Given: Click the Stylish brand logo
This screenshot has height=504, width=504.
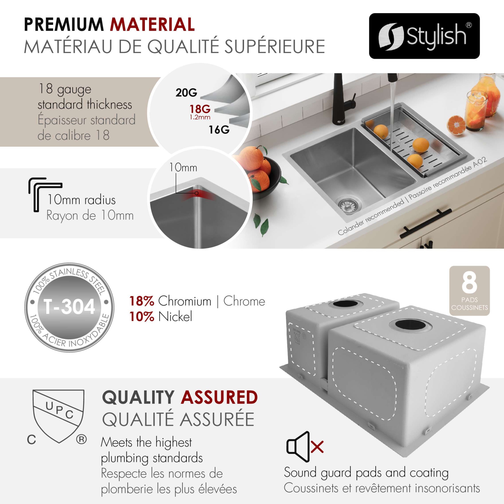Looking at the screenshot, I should [x=424, y=36].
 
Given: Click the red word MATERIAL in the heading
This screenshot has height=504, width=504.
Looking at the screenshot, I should [x=153, y=25].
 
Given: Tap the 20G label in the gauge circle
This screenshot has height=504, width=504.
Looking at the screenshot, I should [x=186, y=92].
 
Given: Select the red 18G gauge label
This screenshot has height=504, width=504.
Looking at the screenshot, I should [x=200, y=109].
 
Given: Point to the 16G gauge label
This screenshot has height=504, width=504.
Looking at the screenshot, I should [x=219, y=129].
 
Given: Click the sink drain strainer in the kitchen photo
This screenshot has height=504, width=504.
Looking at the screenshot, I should [x=349, y=206].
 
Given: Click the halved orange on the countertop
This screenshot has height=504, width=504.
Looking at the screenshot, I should [x=457, y=125].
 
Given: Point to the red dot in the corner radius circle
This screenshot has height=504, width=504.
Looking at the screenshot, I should [x=197, y=193].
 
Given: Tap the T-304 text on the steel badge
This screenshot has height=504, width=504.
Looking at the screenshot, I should [x=70, y=307].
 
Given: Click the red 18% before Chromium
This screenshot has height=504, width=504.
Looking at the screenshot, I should [x=141, y=301].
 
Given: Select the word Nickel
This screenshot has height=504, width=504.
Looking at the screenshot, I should [x=175, y=317].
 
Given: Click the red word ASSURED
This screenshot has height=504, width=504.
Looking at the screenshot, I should [x=219, y=397].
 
